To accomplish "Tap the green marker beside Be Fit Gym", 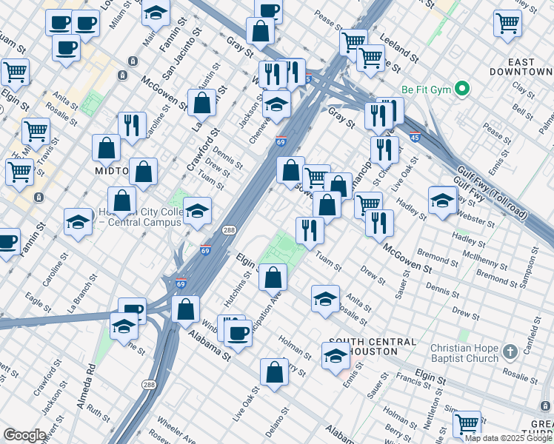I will [x=462, y=90].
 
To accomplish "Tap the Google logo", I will [x=24, y=435].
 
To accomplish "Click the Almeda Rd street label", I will [x=90, y=382].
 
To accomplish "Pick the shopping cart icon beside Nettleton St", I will [x=467, y=423].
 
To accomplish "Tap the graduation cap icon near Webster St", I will [x=442, y=200].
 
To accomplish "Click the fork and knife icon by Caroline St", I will [x=132, y=125].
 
